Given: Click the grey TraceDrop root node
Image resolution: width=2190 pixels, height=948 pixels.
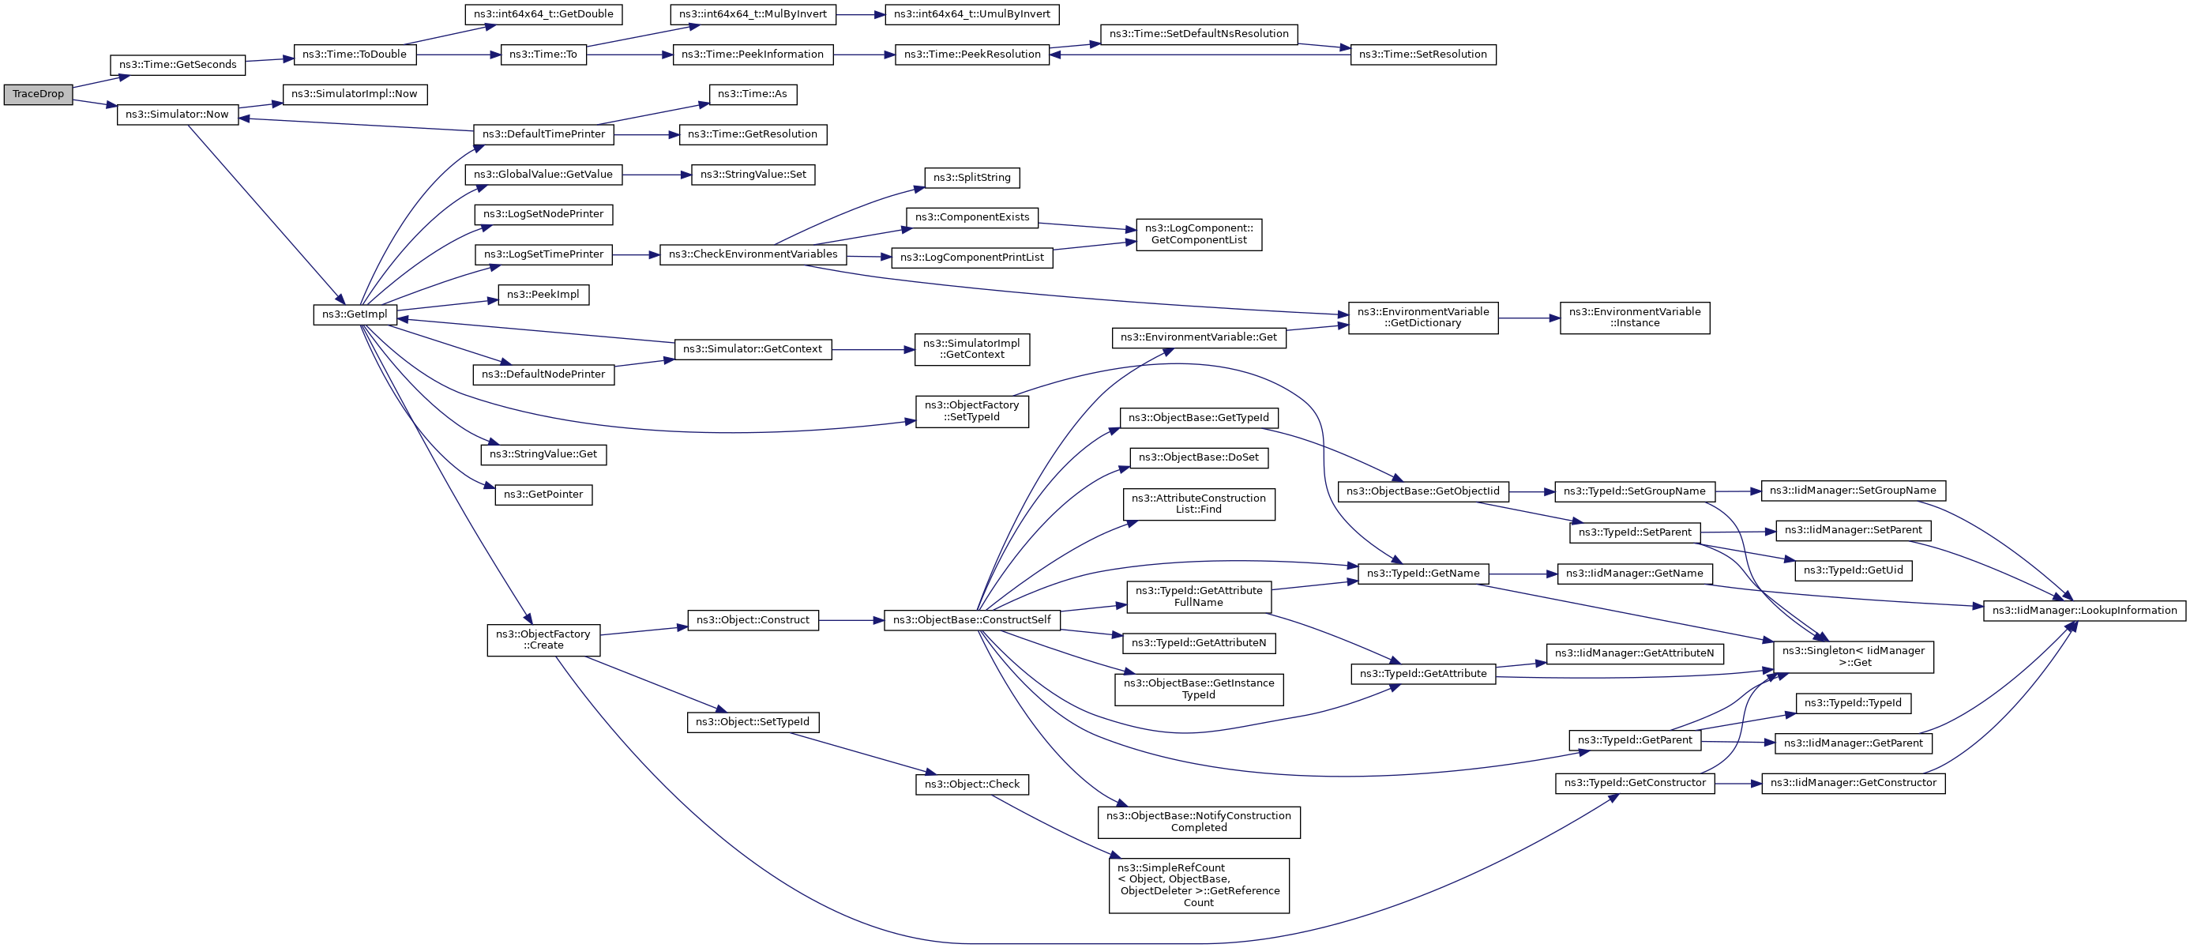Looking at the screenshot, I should (x=38, y=94).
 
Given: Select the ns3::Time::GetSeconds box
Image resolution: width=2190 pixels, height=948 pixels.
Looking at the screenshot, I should (x=178, y=65).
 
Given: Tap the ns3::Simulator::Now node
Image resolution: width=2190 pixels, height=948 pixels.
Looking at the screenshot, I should (x=177, y=115).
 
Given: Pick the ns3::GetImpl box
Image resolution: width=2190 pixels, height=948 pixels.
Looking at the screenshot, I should (x=355, y=314).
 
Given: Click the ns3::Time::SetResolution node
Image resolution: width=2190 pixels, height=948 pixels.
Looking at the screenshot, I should (x=1422, y=55).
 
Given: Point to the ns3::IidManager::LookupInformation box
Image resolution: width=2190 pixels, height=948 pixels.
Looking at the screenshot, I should (x=2083, y=611).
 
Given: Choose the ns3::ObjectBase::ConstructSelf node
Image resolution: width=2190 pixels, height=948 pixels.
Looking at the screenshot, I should (x=971, y=621).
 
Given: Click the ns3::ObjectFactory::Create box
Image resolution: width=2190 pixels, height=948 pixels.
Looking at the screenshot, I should (x=543, y=640).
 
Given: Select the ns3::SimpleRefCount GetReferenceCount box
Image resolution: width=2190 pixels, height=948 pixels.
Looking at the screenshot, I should (x=1199, y=885).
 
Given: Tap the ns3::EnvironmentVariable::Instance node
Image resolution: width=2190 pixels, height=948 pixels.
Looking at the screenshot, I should (x=1634, y=318).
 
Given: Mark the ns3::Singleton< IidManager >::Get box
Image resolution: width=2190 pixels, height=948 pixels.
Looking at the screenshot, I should (x=1853, y=657).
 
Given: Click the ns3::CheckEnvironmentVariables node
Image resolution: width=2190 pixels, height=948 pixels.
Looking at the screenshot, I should (x=753, y=254).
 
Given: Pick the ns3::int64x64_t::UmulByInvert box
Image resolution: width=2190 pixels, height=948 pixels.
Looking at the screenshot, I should (x=971, y=14).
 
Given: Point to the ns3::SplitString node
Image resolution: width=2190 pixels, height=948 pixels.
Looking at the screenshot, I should (x=971, y=178).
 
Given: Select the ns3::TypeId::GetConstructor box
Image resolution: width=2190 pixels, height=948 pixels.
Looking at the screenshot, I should (x=1634, y=783).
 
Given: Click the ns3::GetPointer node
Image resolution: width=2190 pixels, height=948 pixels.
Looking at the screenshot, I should (x=543, y=495).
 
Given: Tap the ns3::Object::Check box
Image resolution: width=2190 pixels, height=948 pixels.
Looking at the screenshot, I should (x=971, y=784).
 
